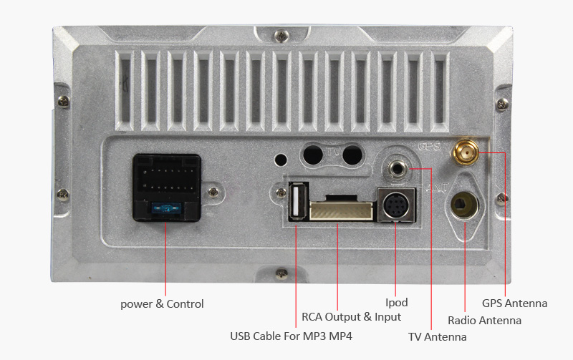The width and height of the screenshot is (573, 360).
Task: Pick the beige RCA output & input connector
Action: point(342,210)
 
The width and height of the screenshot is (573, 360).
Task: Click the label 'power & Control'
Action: point(162,304)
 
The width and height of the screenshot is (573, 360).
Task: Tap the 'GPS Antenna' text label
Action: point(514,303)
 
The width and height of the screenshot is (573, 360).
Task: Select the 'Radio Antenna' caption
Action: point(484,320)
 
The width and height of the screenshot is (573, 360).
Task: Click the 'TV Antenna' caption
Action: point(437,336)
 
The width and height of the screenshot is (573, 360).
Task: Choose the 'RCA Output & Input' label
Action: point(351,316)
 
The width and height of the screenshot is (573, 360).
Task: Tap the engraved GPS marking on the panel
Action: point(428,147)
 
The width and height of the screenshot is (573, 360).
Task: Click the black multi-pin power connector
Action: point(165,188)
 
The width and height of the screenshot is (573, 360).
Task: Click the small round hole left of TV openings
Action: point(281,158)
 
